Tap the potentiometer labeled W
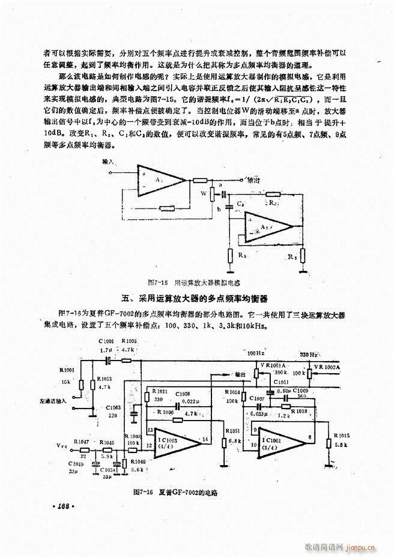click(x=211, y=195)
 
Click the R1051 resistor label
click(x=234, y=430)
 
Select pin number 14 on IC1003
click(x=207, y=440)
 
